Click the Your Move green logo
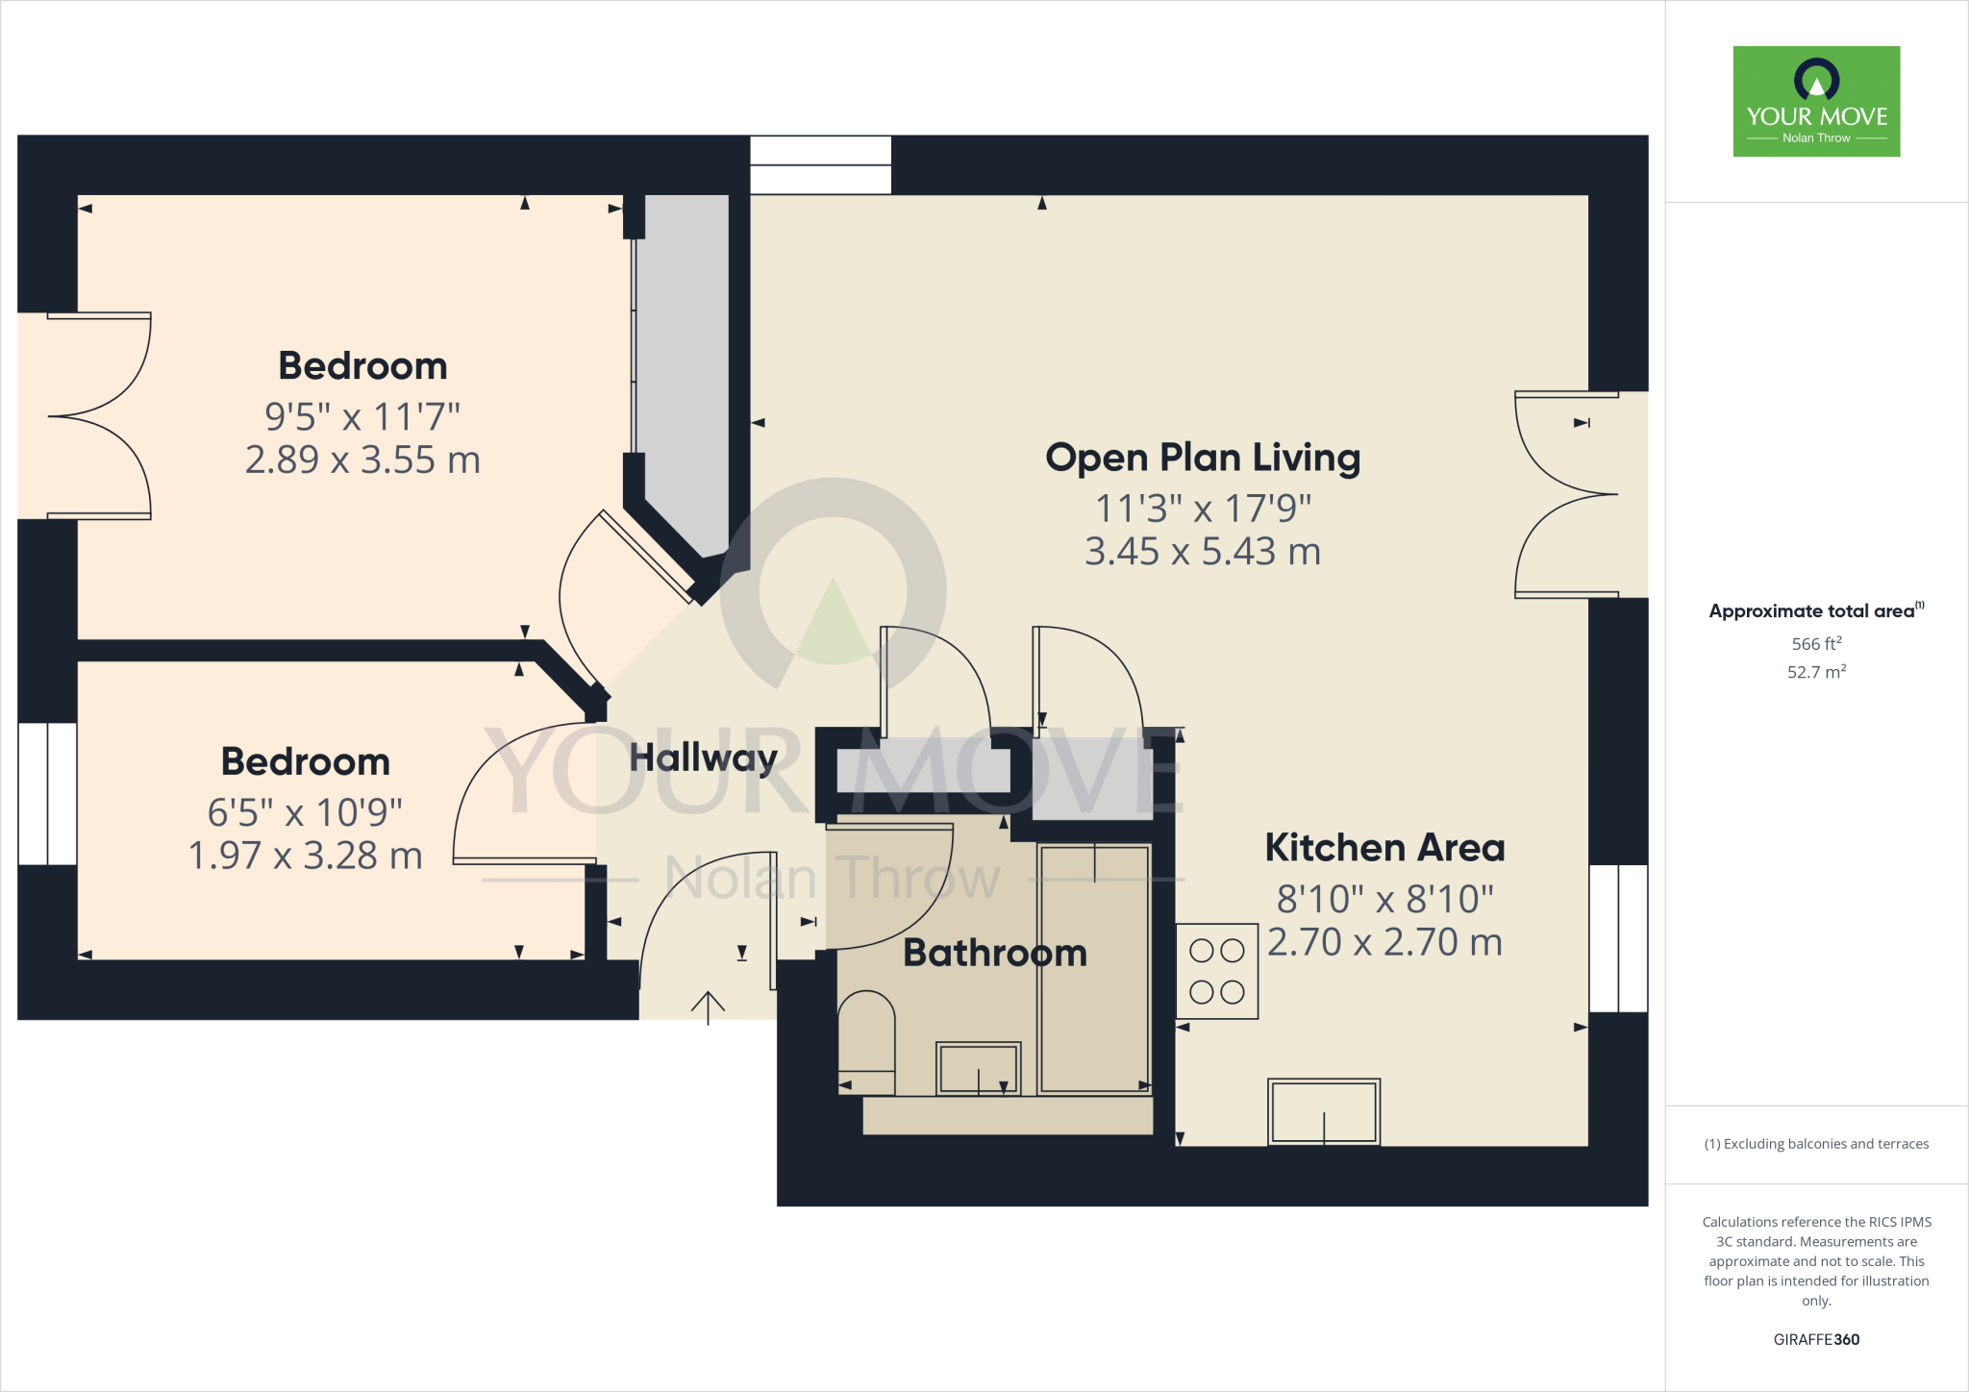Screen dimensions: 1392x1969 (x=1816, y=101)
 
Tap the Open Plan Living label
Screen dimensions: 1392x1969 (x=1203, y=458)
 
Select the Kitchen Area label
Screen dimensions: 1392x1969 (x=1384, y=848)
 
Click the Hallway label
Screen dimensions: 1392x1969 (x=703, y=758)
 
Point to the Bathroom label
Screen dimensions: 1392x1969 (x=995, y=953)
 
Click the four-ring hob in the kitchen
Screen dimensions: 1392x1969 (x=1217, y=971)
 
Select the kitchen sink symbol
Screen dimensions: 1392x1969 (x=1324, y=1112)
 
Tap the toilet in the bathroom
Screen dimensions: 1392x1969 (x=866, y=1043)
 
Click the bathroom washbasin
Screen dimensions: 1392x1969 (x=979, y=1068)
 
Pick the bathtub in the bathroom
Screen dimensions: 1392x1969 (x=1094, y=968)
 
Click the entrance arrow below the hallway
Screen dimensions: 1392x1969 (x=708, y=1007)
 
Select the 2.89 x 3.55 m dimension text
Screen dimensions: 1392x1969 (x=362, y=460)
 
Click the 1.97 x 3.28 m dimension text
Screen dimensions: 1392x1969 (x=305, y=856)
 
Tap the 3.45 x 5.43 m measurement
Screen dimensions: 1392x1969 (x=1203, y=552)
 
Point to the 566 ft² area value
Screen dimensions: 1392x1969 (x=1816, y=644)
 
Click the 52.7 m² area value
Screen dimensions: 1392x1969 (x=1816, y=672)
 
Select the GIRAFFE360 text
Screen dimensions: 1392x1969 (x=1816, y=1339)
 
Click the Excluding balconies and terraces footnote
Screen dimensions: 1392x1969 (x=1816, y=1144)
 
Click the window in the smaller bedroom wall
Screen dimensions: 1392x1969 (x=47, y=794)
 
